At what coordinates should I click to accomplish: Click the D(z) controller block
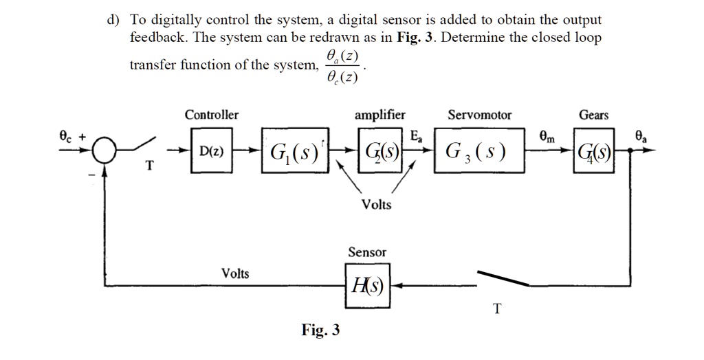pos(212,150)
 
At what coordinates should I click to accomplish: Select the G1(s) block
pos(295,150)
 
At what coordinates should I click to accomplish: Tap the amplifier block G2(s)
pos(379,150)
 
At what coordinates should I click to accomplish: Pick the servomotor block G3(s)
pos(479,150)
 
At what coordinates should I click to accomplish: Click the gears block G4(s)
pos(593,150)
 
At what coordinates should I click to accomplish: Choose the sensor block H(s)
pos(368,286)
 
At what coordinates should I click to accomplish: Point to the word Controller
pos(212,115)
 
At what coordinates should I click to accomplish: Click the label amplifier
pos(379,115)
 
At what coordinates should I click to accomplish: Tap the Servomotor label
pos(479,115)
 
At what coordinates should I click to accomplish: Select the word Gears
pos(593,115)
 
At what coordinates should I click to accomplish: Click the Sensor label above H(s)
pos(367,252)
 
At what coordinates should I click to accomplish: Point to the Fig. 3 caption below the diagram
pos(320,330)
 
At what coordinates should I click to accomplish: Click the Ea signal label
pos(416,136)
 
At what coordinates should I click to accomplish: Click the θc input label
pos(67,135)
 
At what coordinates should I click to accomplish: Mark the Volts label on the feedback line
pos(235,273)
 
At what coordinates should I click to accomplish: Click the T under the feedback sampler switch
pos(496,309)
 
